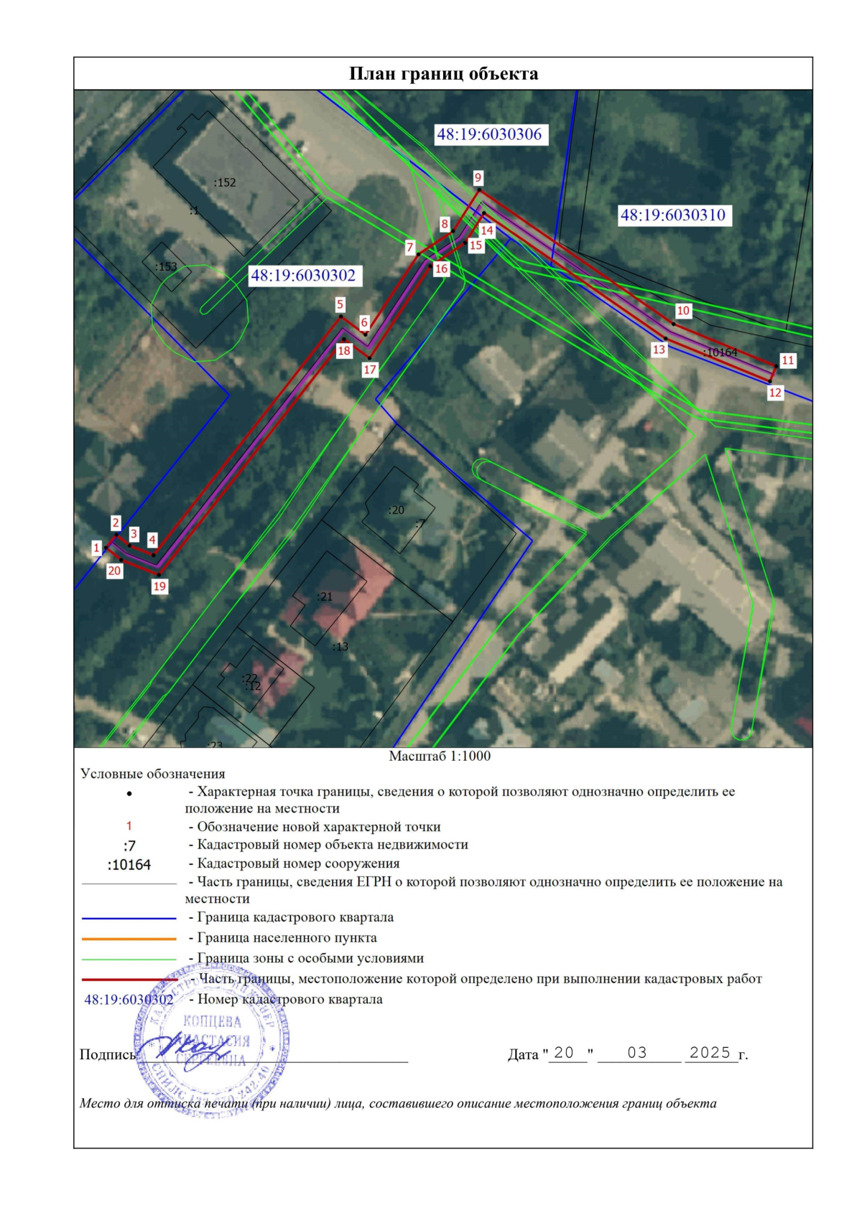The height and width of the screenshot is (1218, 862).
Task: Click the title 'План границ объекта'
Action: point(443,74)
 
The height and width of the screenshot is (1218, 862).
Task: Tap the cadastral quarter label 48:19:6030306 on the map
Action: point(489,134)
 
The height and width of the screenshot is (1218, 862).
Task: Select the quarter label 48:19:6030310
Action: point(673,215)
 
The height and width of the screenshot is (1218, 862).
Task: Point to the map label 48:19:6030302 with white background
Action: point(303,276)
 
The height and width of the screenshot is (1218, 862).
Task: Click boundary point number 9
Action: point(478,178)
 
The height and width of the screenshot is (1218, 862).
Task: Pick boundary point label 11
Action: point(788,360)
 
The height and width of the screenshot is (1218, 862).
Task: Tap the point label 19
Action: point(159,586)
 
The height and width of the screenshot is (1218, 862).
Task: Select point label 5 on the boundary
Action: point(340,304)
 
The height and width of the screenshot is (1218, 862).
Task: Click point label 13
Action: point(659,350)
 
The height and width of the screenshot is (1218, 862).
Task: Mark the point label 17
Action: point(370,370)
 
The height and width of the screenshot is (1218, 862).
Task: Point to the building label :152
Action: point(225,182)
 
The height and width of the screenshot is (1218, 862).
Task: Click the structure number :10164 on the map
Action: point(720,352)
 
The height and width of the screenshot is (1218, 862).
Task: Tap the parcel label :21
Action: point(325,596)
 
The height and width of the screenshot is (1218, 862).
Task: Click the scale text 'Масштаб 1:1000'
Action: point(440,756)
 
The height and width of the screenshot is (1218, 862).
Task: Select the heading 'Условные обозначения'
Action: point(153,774)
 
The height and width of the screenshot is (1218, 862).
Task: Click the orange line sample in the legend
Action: point(129,938)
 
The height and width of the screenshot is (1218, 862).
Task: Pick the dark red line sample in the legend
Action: point(129,979)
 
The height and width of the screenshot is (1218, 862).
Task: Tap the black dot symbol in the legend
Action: point(129,794)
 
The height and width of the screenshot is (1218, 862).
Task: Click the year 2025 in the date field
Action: point(710,1052)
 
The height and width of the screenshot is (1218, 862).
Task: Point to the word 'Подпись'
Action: point(107,1054)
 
